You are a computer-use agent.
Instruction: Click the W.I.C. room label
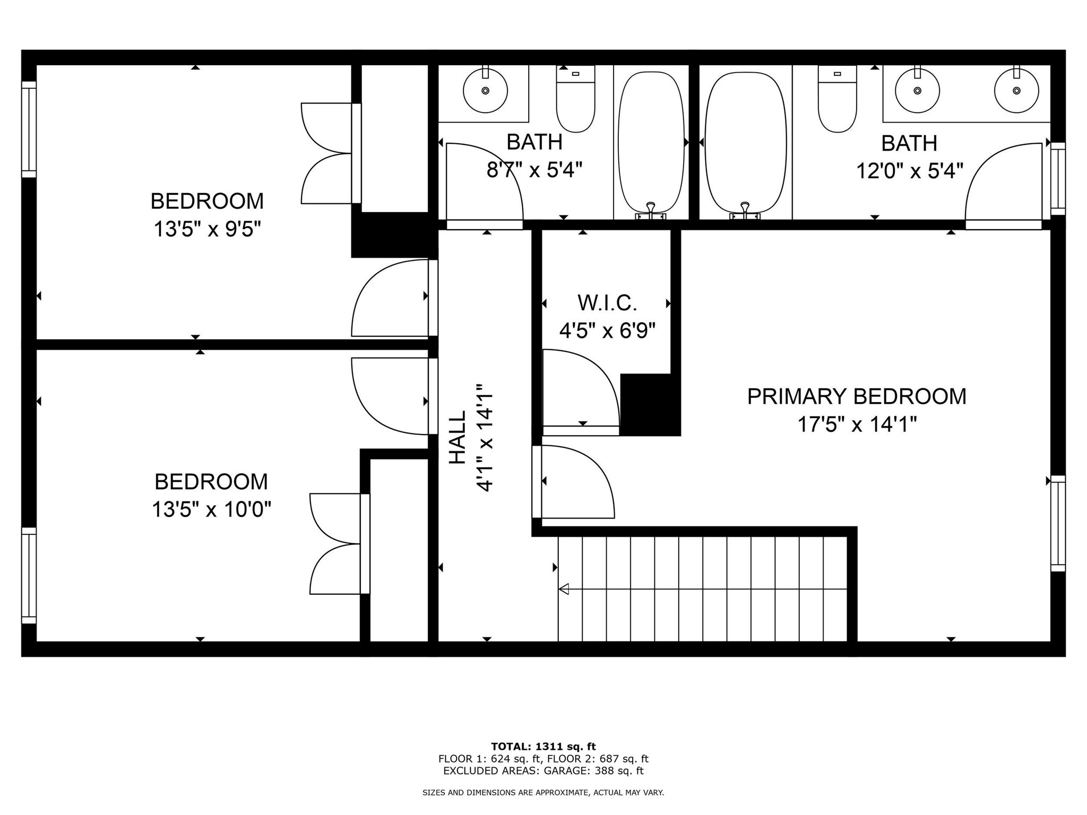607,303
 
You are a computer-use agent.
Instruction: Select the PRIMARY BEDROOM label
856,397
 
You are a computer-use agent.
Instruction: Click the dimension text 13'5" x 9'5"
208,230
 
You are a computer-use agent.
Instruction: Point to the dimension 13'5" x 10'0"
211,510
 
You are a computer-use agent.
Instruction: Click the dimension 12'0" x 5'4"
909,171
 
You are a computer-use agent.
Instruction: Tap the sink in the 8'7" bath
485,91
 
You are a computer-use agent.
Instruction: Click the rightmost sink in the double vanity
1016,91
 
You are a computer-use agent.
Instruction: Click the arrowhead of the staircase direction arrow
564,588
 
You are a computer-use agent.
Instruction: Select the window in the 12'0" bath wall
1058,179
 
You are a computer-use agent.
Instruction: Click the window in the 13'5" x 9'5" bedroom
29,129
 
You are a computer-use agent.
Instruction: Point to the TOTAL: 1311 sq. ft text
543,747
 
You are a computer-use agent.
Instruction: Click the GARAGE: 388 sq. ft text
594,771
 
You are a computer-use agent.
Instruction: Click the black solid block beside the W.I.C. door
650,404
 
